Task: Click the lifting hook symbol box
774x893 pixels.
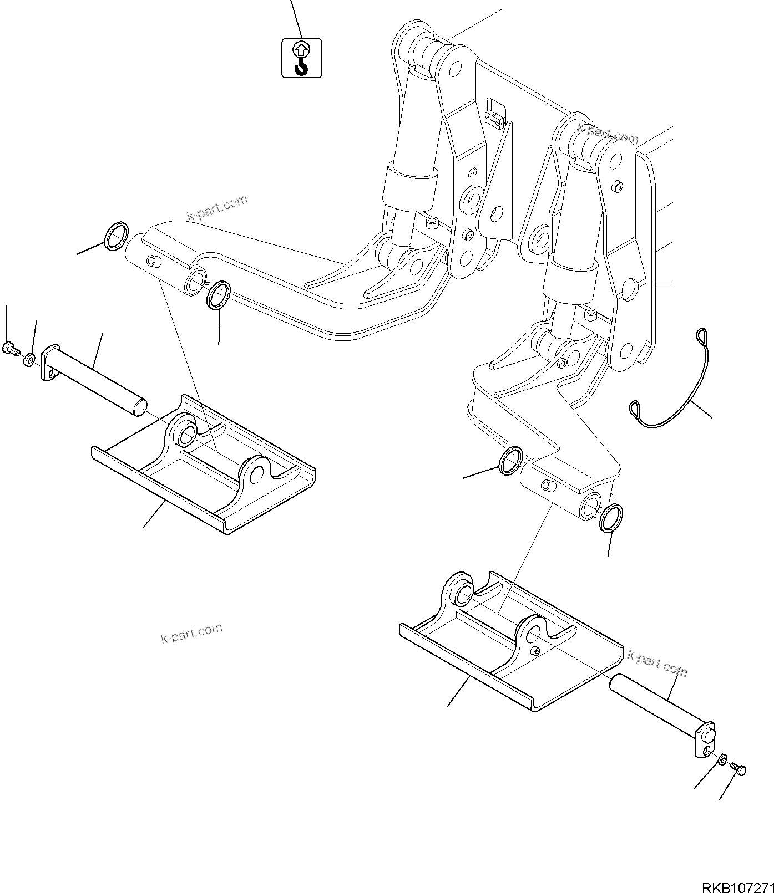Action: click(x=301, y=57)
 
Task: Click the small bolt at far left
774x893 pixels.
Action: click(x=9, y=349)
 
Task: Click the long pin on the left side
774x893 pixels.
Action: click(x=94, y=382)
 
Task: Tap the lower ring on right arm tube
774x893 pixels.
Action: click(x=611, y=518)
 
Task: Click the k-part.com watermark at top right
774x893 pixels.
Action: click(x=608, y=134)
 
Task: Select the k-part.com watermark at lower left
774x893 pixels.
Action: click(x=191, y=634)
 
